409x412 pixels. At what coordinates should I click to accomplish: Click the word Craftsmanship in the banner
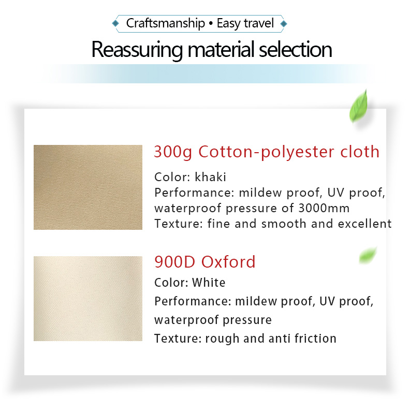coord(166,23)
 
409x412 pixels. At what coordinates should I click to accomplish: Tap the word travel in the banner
coord(259,23)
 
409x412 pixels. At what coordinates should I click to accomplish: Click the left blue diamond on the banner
coord(115,24)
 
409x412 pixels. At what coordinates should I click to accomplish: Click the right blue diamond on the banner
coord(283,24)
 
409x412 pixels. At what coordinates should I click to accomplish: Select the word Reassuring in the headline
coord(137,50)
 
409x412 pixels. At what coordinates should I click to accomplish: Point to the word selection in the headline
coord(296,49)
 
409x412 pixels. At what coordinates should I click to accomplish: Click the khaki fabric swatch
coord(88,187)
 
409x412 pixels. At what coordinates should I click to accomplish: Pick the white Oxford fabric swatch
coord(88,299)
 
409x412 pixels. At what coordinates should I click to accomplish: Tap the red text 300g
coord(173,152)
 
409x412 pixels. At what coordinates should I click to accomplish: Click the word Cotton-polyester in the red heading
coord(266,152)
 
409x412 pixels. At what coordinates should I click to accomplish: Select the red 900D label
coord(175,262)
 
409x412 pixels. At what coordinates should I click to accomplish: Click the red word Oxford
coord(228,262)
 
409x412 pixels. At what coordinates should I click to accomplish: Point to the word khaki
coord(210,177)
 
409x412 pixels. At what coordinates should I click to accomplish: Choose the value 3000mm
coord(324,208)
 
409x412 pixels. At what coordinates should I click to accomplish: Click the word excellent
coord(364,224)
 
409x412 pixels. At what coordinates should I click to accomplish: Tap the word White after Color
coord(209,283)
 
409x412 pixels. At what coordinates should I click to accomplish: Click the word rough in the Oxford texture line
coord(223,339)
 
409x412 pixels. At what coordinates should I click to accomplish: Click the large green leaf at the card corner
coord(359,107)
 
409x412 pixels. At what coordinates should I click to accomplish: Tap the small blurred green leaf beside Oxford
coord(368,255)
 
